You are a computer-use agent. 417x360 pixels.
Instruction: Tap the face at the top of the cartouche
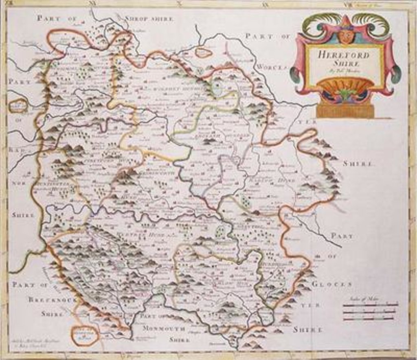346,36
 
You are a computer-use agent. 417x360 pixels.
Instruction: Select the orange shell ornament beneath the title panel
345,87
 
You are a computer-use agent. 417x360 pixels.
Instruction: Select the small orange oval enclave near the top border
204,53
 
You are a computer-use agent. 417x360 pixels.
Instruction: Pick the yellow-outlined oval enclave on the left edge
18,106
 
